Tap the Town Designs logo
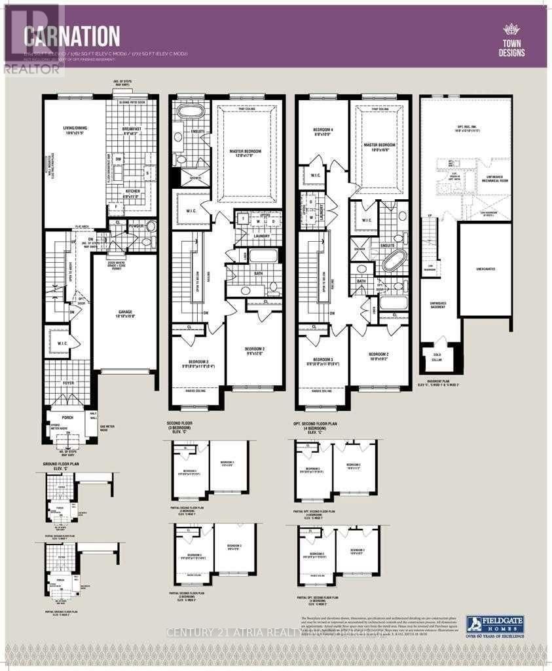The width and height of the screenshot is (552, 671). (x=511, y=40)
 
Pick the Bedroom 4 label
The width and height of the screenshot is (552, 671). (x=323, y=133)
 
